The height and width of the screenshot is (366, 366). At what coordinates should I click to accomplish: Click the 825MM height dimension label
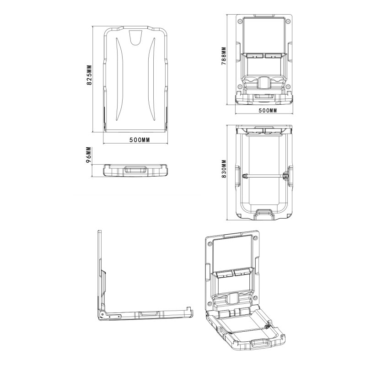(x=90, y=75)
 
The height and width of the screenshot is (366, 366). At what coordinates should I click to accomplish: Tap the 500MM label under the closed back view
(x=140, y=140)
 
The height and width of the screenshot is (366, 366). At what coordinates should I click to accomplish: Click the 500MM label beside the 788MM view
(x=268, y=111)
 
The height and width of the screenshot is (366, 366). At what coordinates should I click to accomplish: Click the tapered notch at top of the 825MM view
(x=136, y=39)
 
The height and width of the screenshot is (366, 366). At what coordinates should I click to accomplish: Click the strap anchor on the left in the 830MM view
(x=245, y=175)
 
